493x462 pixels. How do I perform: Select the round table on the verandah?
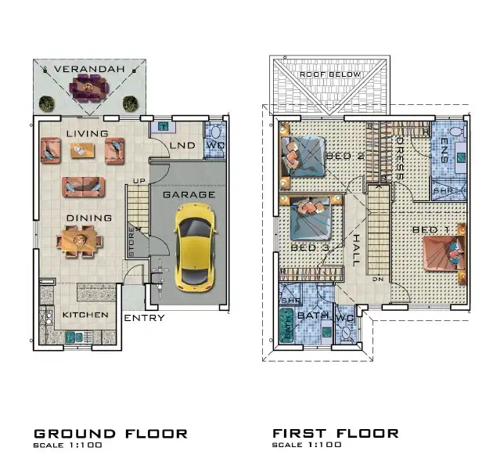pos(88,90)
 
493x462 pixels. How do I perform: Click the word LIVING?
pos(87,134)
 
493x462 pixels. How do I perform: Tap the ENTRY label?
pos(144,318)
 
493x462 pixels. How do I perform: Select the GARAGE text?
pos(189,194)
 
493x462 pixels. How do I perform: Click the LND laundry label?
pos(182,146)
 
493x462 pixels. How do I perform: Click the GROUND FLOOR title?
pos(110,433)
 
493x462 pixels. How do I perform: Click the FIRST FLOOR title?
pos(335,433)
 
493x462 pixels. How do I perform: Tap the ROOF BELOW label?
pos(330,74)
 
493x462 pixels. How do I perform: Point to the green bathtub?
pos(288,325)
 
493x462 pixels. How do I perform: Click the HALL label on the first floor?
pos(356,251)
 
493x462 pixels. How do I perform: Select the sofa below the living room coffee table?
pos(83,186)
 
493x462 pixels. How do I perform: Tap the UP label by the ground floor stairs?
pos(139,182)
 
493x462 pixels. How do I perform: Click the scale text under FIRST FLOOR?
pos(307,446)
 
